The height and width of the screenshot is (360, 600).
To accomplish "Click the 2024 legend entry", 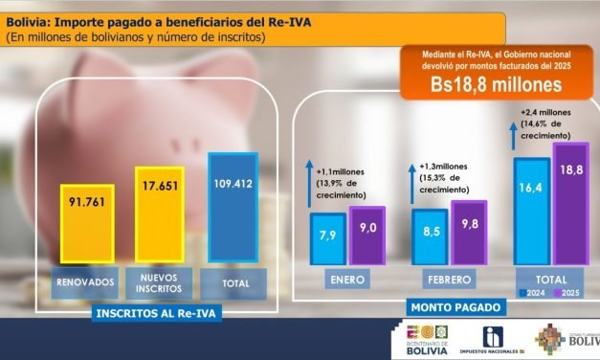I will click(533, 293).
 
